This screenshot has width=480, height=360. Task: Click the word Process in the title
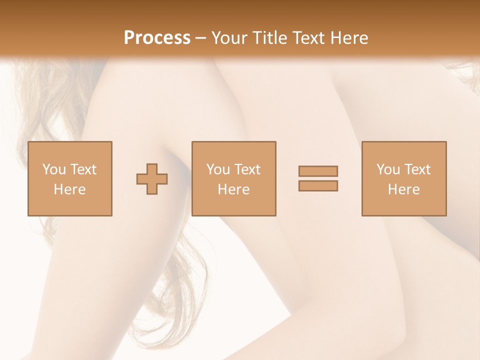click(157, 37)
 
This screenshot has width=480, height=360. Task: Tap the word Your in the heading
click(229, 37)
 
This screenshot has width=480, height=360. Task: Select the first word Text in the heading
click(308, 37)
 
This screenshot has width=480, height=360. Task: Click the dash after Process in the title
click(201, 38)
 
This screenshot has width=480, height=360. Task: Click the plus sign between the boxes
click(152, 179)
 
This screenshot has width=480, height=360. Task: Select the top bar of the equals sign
click(318, 171)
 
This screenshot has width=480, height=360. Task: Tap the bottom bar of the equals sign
click(318, 185)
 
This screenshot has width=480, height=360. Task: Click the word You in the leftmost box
click(53, 169)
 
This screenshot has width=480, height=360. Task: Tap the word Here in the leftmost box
click(70, 189)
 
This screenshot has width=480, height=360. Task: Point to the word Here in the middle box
click(234, 189)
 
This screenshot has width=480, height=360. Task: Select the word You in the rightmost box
click(387, 169)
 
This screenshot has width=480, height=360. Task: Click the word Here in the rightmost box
click(404, 189)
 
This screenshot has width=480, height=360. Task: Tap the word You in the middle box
click(218, 169)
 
